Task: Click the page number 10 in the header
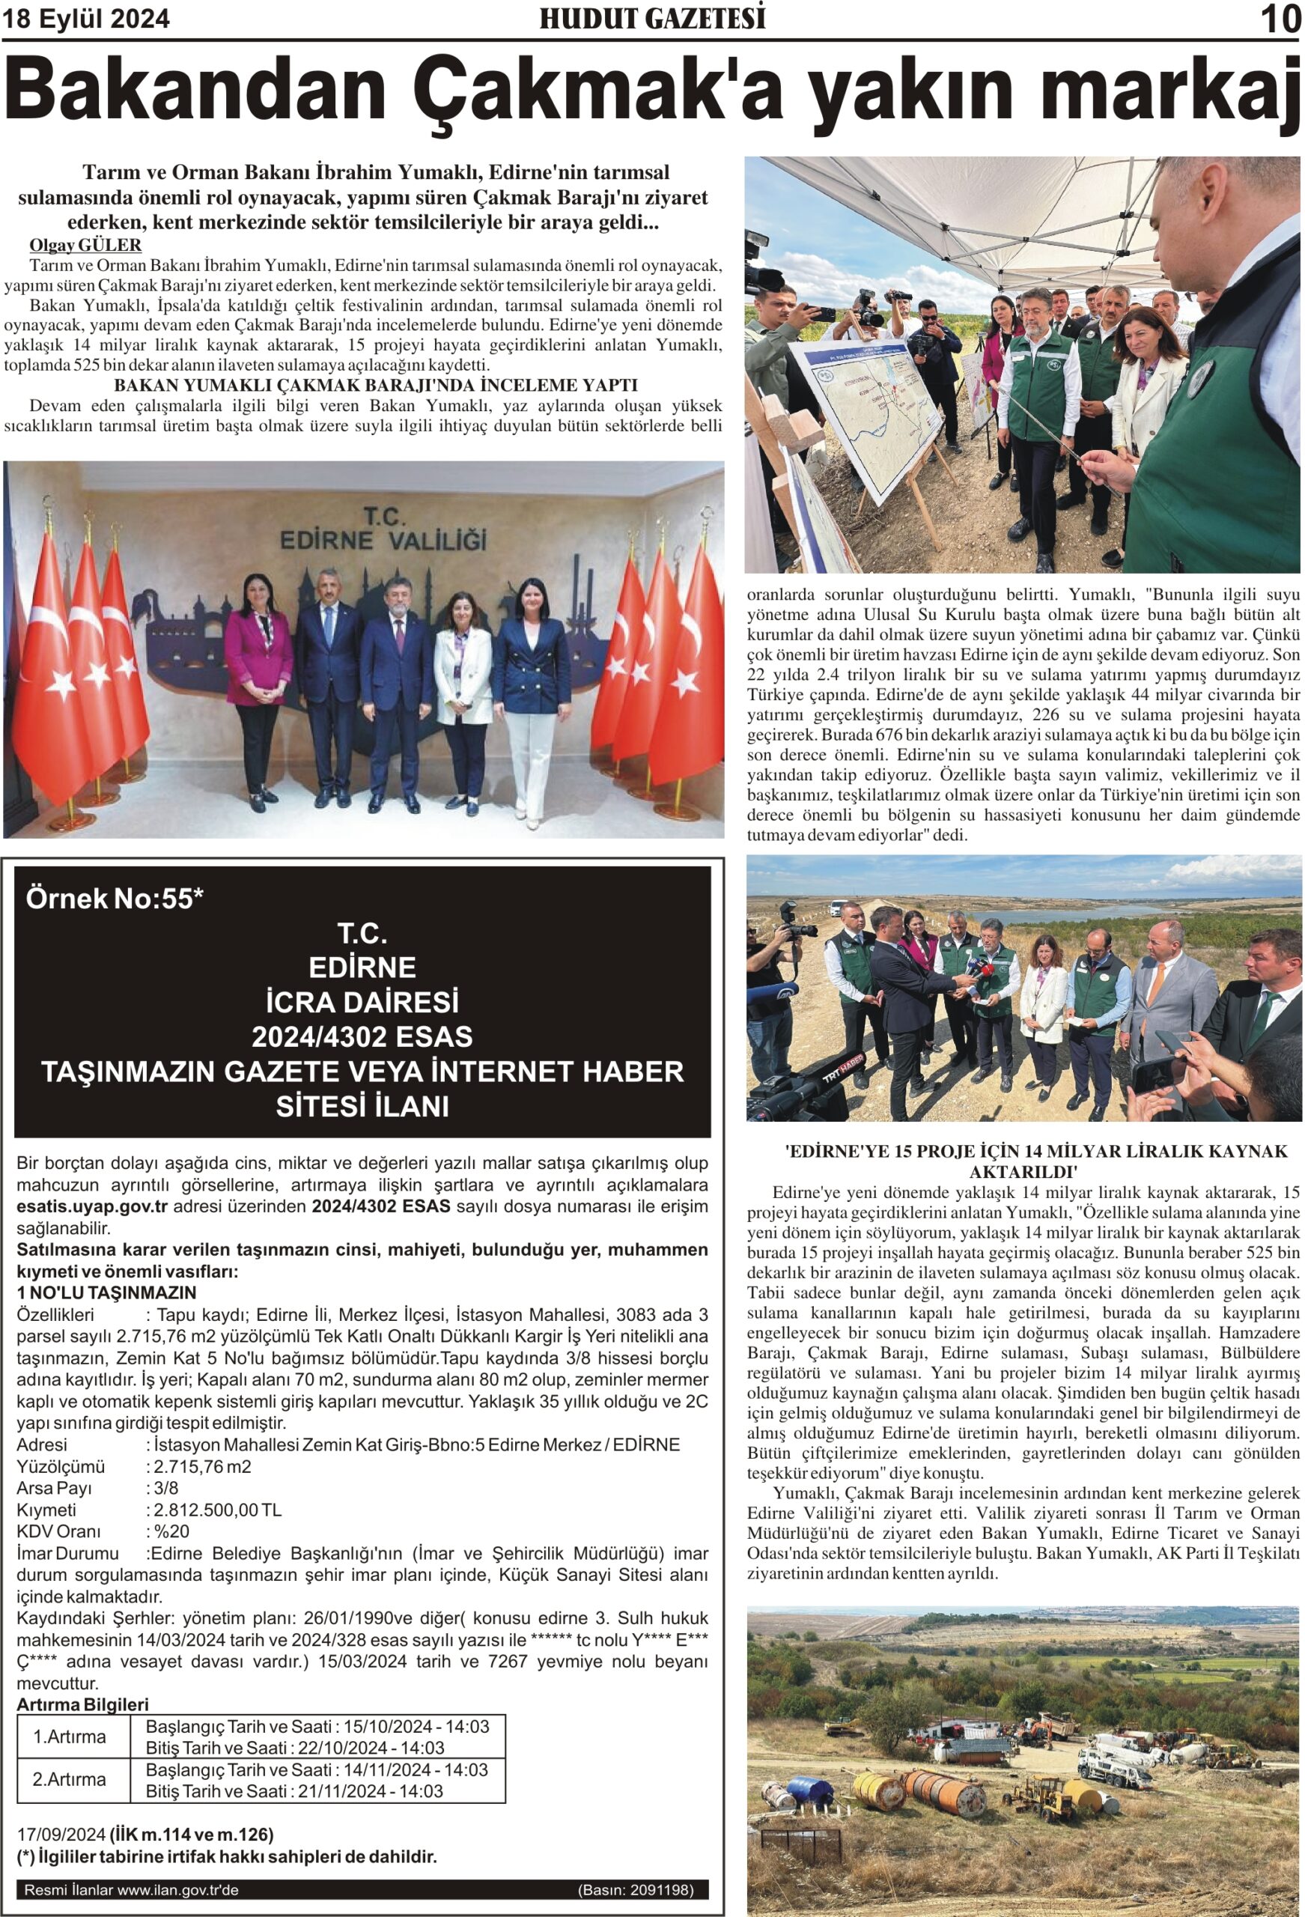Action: point(1280,19)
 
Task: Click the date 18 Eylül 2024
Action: point(87,19)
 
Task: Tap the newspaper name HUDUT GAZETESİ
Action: point(651,19)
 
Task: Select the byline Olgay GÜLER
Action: point(85,245)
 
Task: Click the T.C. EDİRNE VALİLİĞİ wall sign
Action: point(383,529)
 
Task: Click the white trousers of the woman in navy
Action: point(529,763)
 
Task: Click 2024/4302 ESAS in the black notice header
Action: point(362,1036)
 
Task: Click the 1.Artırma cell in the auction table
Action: point(70,1737)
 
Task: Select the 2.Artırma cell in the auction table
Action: point(70,1779)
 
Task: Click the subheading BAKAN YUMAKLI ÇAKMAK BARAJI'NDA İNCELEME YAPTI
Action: point(375,385)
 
